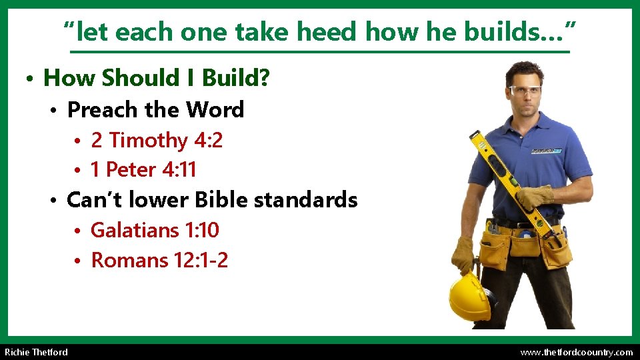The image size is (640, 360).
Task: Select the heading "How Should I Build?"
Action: (x=156, y=79)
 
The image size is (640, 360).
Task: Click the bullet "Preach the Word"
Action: (x=156, y=109)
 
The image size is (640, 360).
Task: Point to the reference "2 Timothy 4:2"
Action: (x=157, y=140)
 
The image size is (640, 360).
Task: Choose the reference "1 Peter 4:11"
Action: (x=143, y=170)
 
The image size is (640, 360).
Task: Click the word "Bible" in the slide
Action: (x=221, y=199)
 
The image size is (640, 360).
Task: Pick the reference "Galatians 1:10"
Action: (x=155, y=230)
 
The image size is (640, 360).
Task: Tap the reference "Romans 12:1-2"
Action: (x=159, y=260)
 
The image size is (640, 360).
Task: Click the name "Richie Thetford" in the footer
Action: (x=36, y=352)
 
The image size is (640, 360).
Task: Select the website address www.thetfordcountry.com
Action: (x=576, y=352)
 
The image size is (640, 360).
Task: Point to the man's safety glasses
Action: (x=525, y=91)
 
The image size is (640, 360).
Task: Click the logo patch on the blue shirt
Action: (x=546, y=151)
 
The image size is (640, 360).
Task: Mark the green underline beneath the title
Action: (x=320, y=52)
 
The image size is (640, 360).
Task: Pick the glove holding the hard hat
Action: (x=463, y=255)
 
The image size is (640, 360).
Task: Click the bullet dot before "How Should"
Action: (x=30, y=80)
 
